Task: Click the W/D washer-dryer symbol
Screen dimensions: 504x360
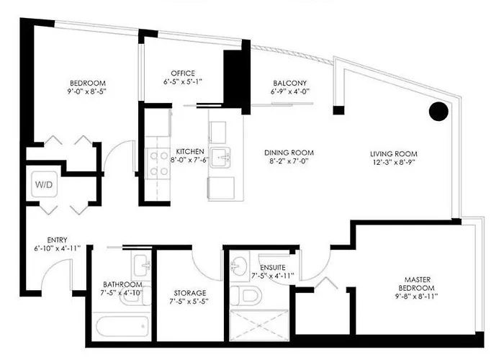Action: [x=45, y=184]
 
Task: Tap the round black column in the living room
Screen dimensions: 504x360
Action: [x=438, y=111]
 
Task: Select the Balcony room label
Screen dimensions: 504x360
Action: [x=290, y=83]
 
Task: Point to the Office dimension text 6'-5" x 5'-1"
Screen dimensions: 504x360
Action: [x=183, y=81]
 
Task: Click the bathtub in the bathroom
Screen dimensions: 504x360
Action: [x=122, y=327]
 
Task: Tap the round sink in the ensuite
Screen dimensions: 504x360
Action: [x=238, y=265]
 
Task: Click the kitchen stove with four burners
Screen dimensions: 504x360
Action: [x=158, y=163]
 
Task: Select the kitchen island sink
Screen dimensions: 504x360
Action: [x=221, y=157]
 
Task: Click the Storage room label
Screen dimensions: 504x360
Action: [x=190, y=293]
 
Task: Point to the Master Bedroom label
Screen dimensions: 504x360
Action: [x=417, y=284]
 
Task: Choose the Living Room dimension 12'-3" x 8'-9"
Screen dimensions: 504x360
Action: [x=394, y=162]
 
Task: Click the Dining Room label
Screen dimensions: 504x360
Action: [x=289, y=153]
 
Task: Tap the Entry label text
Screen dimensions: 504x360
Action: [x=57, y=240]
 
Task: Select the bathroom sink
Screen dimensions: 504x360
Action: [x=142, y=266]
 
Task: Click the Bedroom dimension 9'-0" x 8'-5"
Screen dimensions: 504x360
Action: [x=87, y=91]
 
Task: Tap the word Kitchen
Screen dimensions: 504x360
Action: [x=190, y=151]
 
